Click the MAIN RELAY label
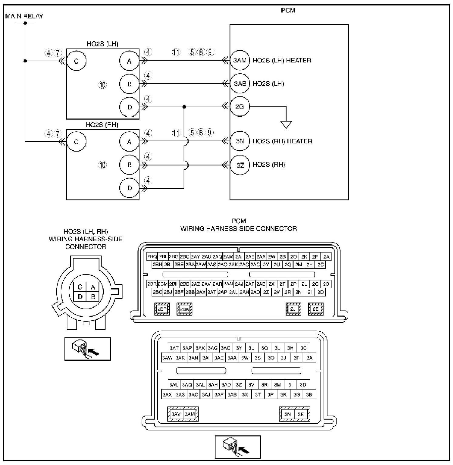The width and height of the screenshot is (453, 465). pos(24,16)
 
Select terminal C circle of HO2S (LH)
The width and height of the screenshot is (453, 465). pos(76,61)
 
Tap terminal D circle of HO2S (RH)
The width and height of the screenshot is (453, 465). pos(129,188)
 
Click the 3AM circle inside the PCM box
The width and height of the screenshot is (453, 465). pos(240,60)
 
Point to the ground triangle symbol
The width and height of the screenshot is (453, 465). pos(286,125)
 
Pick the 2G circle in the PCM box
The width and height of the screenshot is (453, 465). pos(240,107)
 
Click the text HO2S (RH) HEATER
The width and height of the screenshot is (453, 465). pos(282,141)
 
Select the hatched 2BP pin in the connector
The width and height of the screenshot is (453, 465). pos(162,309)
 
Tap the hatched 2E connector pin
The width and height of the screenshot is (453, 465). pos(316,309)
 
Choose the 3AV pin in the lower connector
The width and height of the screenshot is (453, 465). pos(176,414)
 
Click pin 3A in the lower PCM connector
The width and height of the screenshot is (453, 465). pos(309,358)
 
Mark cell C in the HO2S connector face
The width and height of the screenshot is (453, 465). pos(80,287)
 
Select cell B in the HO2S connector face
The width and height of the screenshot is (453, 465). pos(93,297)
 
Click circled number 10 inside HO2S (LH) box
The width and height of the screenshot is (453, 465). pos(102,85)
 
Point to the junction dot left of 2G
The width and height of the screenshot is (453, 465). pos(184,107)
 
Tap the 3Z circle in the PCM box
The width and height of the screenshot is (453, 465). pos(240,165)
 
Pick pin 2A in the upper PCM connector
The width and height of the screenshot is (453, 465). pos(326,257)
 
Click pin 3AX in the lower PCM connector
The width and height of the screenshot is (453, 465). pos(167,394)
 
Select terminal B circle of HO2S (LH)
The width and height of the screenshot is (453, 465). pos(129,84)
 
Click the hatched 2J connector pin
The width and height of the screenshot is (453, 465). pos(293,309)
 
